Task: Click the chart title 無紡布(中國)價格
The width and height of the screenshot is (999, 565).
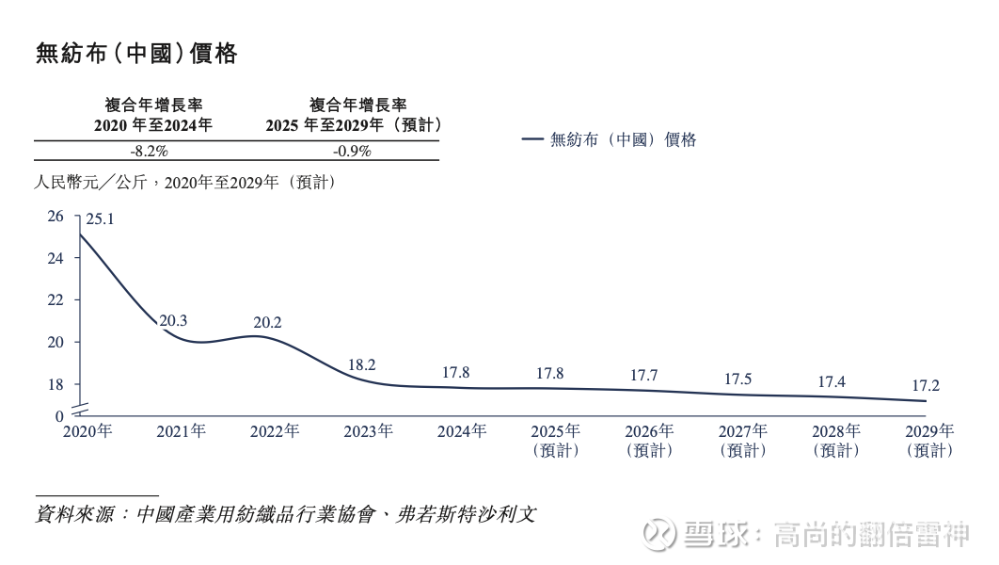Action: (136, 54)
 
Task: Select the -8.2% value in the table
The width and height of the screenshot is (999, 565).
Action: (149, 151)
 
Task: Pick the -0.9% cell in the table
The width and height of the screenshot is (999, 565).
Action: (352, 151)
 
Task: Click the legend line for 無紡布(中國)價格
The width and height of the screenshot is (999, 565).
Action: (531, 139)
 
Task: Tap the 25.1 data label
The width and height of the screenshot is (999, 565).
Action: (100, 219)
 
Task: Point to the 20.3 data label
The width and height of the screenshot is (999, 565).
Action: (173, 320)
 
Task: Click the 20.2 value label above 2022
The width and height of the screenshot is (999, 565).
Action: (267, 322)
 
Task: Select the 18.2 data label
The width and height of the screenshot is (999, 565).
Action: (361, 364)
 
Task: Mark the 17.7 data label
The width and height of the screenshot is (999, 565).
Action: (643, 375)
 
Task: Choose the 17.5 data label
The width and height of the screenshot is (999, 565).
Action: (737, 379)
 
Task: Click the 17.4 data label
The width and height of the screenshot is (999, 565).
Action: (832, 381)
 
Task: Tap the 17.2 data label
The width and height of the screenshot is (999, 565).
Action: (926, 385)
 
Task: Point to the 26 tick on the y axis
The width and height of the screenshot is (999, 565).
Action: (55, 217)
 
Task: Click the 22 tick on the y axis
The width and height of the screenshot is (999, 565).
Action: (55, 300)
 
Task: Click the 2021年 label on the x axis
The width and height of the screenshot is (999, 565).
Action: (181, 431)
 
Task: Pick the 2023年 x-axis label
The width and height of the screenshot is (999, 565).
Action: (368, 431)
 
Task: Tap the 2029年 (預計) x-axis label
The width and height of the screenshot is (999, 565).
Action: (929, 440)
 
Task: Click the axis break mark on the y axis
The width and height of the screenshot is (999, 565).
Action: (78, 406)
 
